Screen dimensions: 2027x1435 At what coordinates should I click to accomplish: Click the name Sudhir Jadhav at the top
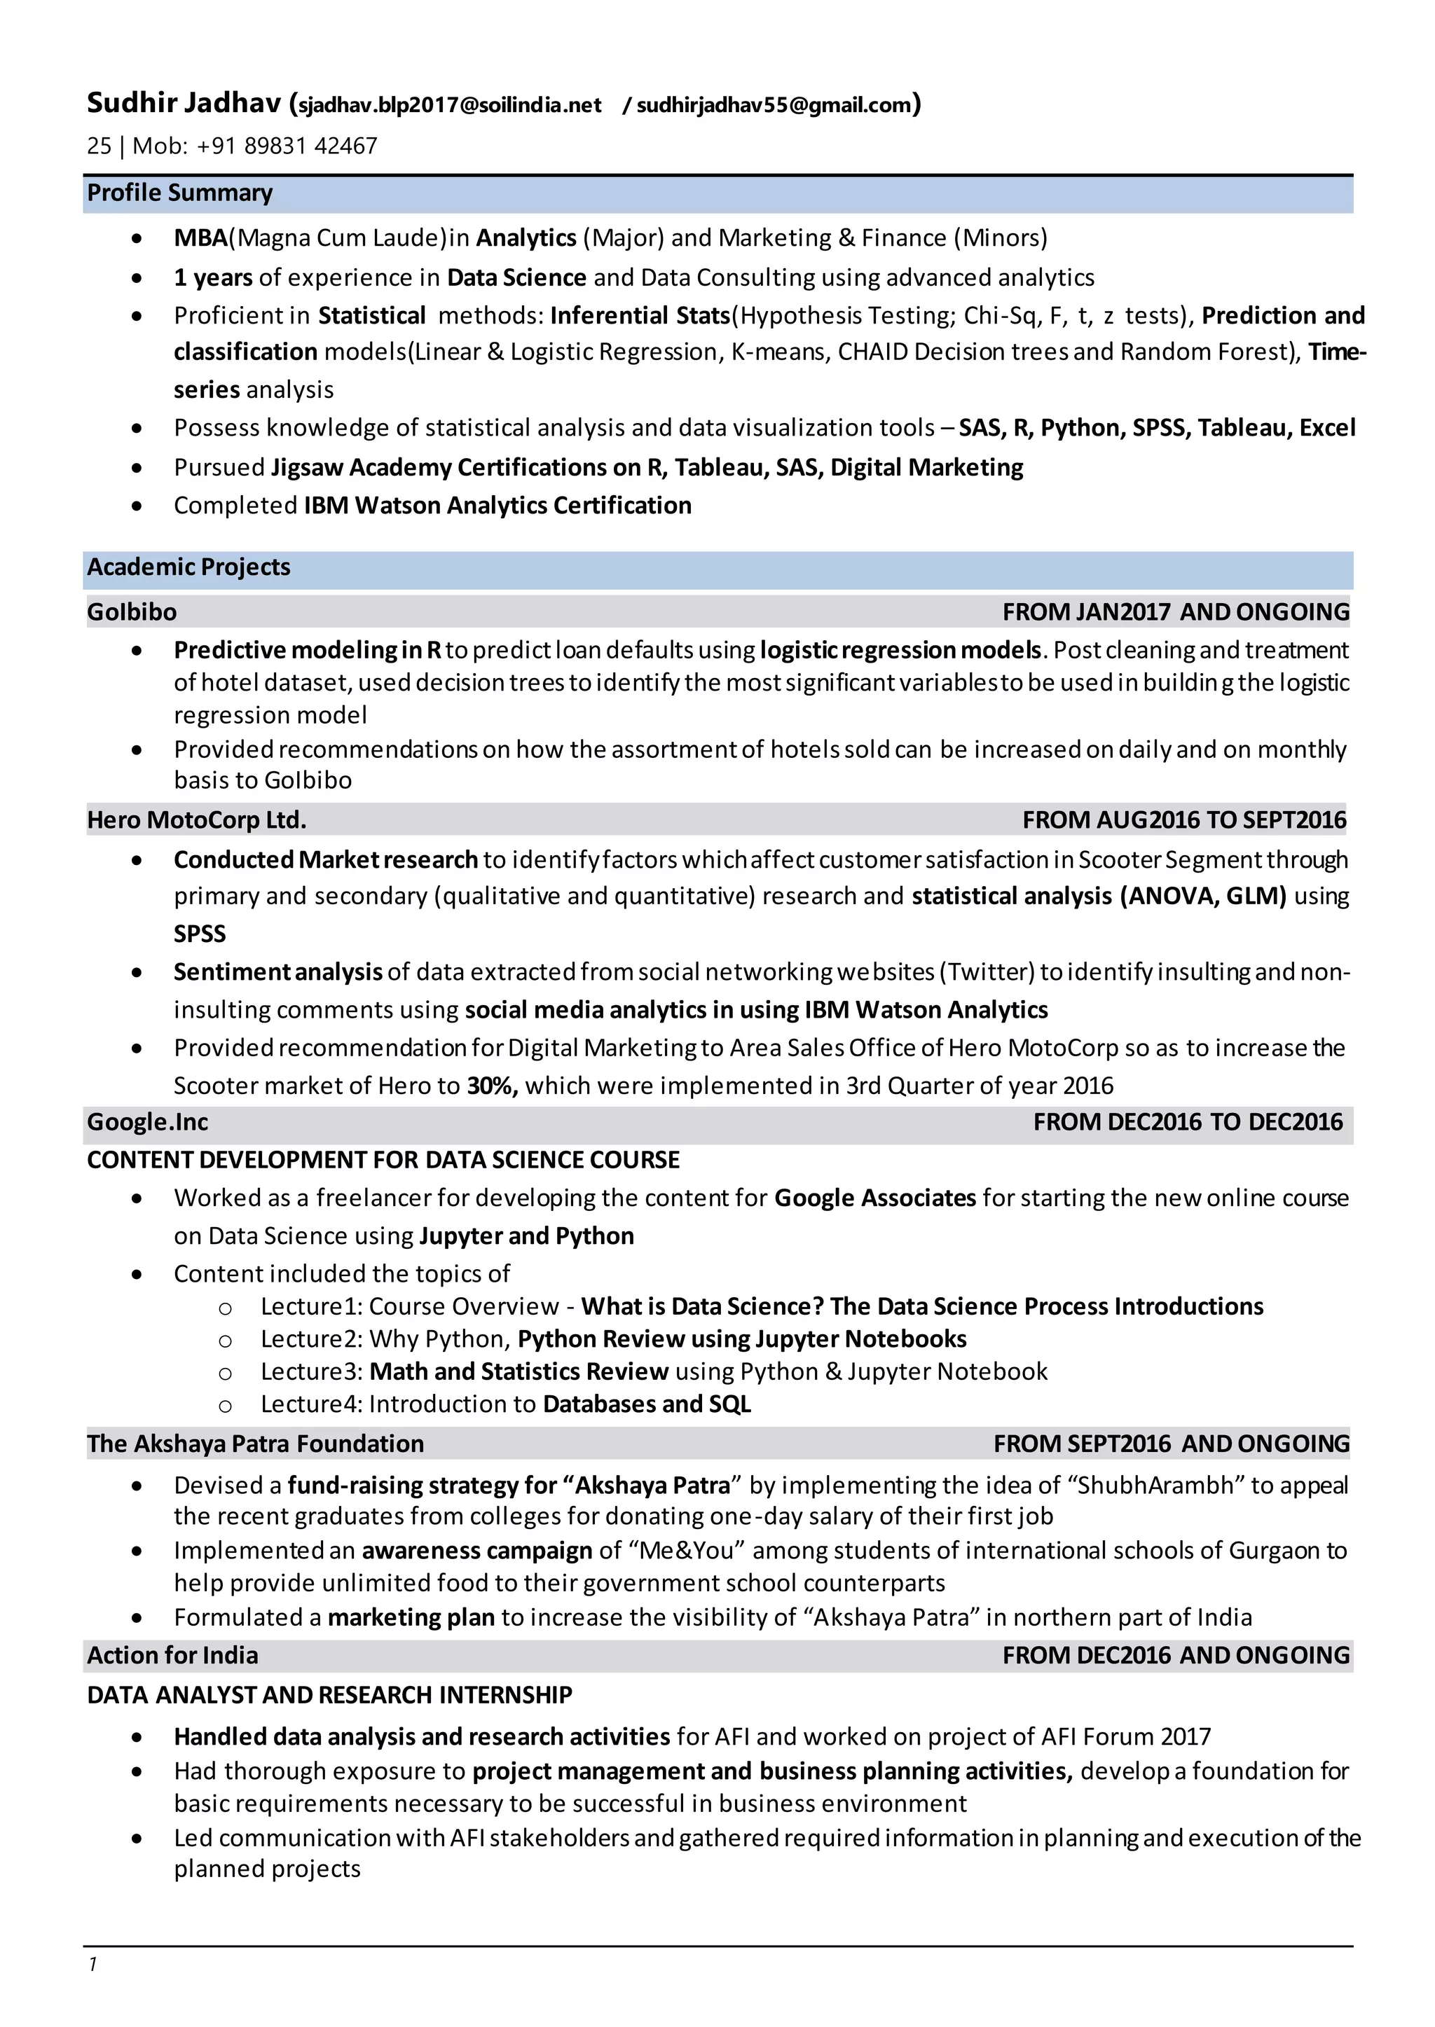click(x=184, y=104)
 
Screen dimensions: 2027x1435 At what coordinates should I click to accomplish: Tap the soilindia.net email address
click(x=450, y=106)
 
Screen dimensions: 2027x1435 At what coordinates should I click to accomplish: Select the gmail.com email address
click(x=773, y=106)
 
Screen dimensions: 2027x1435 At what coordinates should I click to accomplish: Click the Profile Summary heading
click(x=179, y=193)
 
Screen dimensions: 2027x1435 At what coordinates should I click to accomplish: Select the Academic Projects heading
click(x=188, y=567)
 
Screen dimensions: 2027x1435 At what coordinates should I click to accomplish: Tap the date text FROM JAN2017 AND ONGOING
click(x=1175, y=612)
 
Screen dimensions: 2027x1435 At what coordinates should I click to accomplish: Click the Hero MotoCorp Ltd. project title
click(x=196, y=820)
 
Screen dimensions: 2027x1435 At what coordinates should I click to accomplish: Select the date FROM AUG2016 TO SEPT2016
click(x=1184, y=820)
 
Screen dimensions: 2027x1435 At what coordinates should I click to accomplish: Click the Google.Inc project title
click(x=148, y=1123)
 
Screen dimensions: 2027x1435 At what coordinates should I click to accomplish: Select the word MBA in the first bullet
click(x=200, y=238)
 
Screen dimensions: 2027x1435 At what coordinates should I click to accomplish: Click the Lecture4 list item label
click(x=311, y=1404)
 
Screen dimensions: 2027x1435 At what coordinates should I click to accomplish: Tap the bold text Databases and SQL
click(x=647, y=1404)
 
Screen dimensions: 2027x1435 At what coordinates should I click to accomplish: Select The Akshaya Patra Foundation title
click(x=255, y=1444)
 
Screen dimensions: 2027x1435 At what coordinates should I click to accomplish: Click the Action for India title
click(x=172, y=1655)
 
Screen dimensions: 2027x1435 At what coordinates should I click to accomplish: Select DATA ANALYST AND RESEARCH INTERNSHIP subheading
click(x=329, y=1695)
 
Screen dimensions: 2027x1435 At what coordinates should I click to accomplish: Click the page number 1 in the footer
click(x=92, y=1963)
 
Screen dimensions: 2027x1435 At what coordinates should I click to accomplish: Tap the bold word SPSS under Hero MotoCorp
click(x=200, y=934)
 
